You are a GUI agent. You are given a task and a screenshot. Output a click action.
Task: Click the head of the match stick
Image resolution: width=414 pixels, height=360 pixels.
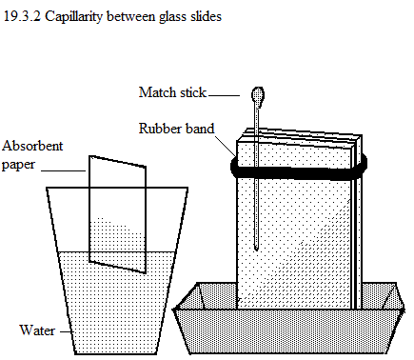[258, 96]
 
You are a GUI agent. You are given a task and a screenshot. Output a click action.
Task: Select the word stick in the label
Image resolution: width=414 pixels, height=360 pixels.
[193, 92]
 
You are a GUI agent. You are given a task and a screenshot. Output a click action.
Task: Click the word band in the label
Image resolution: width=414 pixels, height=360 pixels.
[200, 129]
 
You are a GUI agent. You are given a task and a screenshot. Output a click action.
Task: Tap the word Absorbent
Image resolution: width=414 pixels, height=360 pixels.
[32, 146]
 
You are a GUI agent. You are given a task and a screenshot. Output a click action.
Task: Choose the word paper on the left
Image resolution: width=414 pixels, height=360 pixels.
[18, 166]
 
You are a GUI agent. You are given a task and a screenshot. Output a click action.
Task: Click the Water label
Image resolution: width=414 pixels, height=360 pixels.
[37, 330]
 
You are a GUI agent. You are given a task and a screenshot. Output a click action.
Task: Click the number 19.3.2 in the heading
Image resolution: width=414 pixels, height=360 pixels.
[22, 16]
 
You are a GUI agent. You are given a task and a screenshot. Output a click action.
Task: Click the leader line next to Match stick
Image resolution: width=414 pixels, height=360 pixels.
[224, 95]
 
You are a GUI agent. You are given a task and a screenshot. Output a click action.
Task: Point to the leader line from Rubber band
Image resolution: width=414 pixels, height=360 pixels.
[226, 146]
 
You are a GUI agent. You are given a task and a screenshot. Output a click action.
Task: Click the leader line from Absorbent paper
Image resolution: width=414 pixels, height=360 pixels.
[64, 170]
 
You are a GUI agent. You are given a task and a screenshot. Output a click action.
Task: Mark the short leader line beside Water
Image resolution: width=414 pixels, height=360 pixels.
[65, 331]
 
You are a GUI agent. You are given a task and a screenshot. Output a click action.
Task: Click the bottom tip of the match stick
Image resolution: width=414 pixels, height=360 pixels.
[256, 250]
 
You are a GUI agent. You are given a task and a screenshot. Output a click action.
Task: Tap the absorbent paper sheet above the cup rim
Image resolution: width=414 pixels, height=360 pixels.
[117, 173]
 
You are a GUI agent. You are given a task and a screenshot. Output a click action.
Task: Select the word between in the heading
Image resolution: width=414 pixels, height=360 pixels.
[131, 16]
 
